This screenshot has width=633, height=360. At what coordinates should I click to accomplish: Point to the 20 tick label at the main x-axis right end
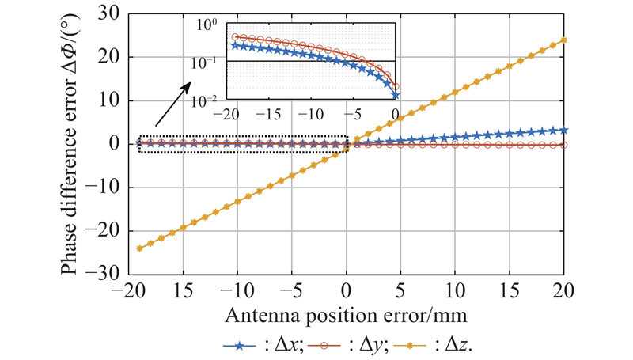563,286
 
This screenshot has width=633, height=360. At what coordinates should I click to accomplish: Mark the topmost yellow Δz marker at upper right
563,40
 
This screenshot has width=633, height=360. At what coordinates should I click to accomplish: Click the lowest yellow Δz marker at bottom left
140,248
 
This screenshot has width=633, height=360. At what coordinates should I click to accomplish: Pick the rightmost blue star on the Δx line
563,130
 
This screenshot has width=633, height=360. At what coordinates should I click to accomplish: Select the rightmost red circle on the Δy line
563,146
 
